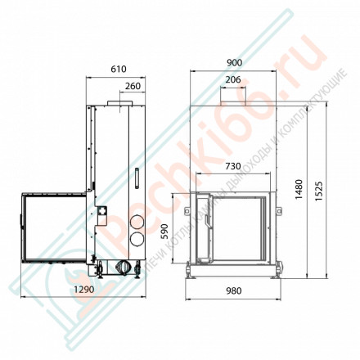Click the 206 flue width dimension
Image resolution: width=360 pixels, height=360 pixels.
(x=232, y=79)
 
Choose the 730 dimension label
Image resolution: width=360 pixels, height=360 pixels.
(x=232, y=166)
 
